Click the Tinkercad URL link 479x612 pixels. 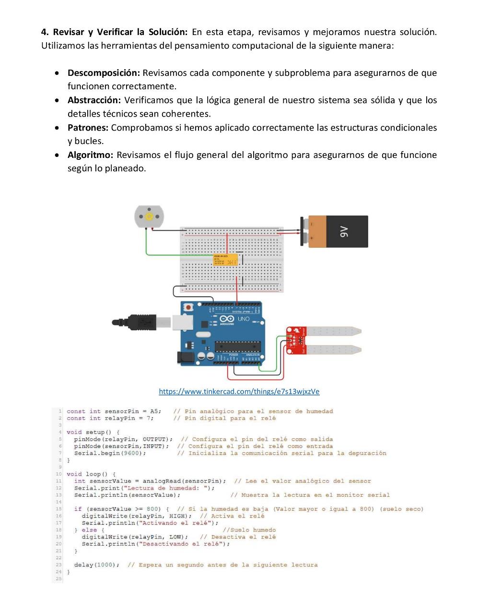point(239,392)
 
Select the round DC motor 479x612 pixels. point(149,216)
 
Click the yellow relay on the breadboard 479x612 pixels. point(225,260)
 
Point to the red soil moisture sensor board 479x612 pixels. point(296,340)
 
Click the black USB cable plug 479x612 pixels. point(134,322)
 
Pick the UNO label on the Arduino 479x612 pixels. point(244,319)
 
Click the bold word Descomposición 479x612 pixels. point(104,73)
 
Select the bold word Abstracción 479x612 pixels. point(94,100)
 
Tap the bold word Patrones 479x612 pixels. point(88,128)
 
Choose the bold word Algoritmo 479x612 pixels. point(90,155)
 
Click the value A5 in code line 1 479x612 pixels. point(154,411)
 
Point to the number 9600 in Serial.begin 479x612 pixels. point(131,453)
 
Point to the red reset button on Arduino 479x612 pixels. point(189,307)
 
